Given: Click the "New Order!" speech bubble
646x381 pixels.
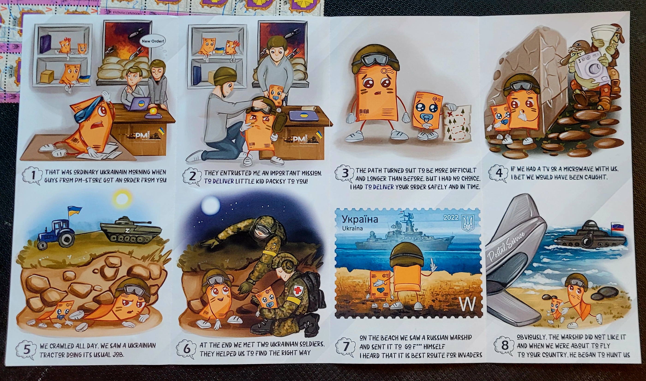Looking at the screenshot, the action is click(x=153, y=41).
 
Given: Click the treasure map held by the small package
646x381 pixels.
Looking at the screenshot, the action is click(x=457, y=123).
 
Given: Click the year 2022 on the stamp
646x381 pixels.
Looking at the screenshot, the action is click(x=451, y=217).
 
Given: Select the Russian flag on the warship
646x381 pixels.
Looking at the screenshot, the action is click(x=617, y=226).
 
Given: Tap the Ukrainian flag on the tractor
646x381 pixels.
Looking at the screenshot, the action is click(x=74, y=210).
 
